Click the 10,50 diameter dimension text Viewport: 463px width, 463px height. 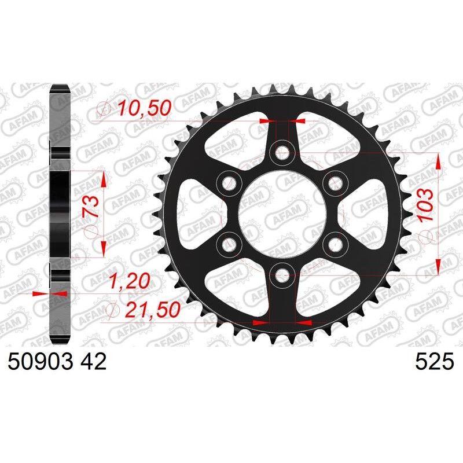[142, 107]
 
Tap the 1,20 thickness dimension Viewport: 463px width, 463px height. [130, 282]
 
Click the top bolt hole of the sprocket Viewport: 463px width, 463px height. [282, 153]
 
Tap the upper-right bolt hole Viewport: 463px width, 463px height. [335, 183]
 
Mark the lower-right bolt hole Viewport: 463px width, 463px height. [335, 244]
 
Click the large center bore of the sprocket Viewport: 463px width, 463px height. [282, 214]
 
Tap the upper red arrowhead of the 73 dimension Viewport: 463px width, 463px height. [104, 179]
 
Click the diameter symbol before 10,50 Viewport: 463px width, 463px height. [105, 108]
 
